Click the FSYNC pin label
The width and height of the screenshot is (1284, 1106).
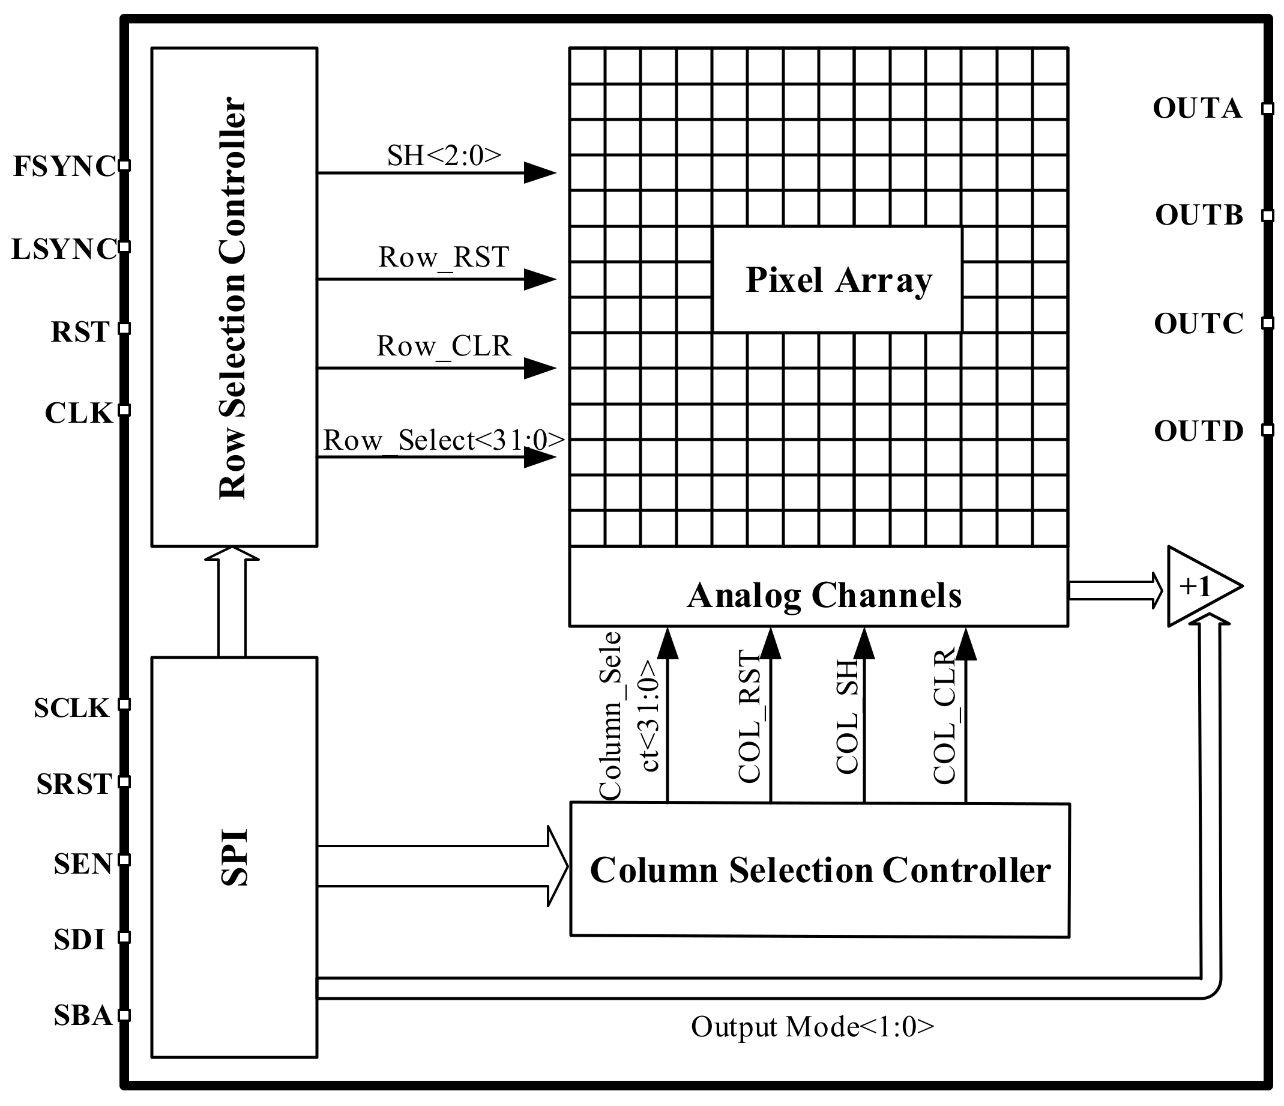(x=64, y=166)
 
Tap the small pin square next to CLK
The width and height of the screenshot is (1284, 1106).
(x=124, y=409)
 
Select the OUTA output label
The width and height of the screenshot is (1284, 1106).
(x=1196, y=109)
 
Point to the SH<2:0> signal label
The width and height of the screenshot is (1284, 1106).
(x=444, y=156)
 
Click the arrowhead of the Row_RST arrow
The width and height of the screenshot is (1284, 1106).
(x=539, y=280)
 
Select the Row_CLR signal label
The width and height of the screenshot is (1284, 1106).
(x=444, y=346)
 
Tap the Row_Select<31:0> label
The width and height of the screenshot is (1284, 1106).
(x=444, y=440)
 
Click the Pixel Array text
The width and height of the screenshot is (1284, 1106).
(x=838, y=280)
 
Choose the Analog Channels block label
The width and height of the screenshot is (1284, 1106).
(x=824, y=596)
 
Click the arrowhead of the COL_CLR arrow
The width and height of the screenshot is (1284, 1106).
(x=966, y=644)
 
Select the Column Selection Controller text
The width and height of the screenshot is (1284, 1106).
(x=820, y=870)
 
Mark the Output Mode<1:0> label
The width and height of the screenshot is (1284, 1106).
(x=812, y=1027)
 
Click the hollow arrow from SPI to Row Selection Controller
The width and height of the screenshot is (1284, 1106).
(x=232, y=602)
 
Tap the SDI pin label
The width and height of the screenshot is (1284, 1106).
(x=79, y=940)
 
